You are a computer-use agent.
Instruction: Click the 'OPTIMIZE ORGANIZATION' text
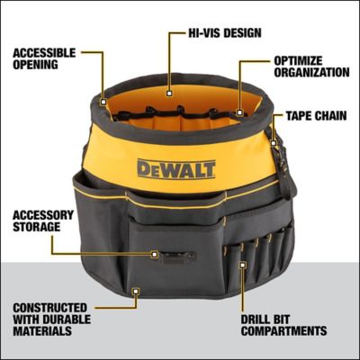tap(310, 66)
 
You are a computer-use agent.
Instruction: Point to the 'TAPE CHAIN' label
tap(318, 115)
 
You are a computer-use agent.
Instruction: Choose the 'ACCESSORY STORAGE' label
tap(38, 220)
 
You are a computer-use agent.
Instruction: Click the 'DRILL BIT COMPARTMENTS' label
tap(283, 324)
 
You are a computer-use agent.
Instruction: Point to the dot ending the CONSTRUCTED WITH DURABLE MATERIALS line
tap(134, 291)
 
